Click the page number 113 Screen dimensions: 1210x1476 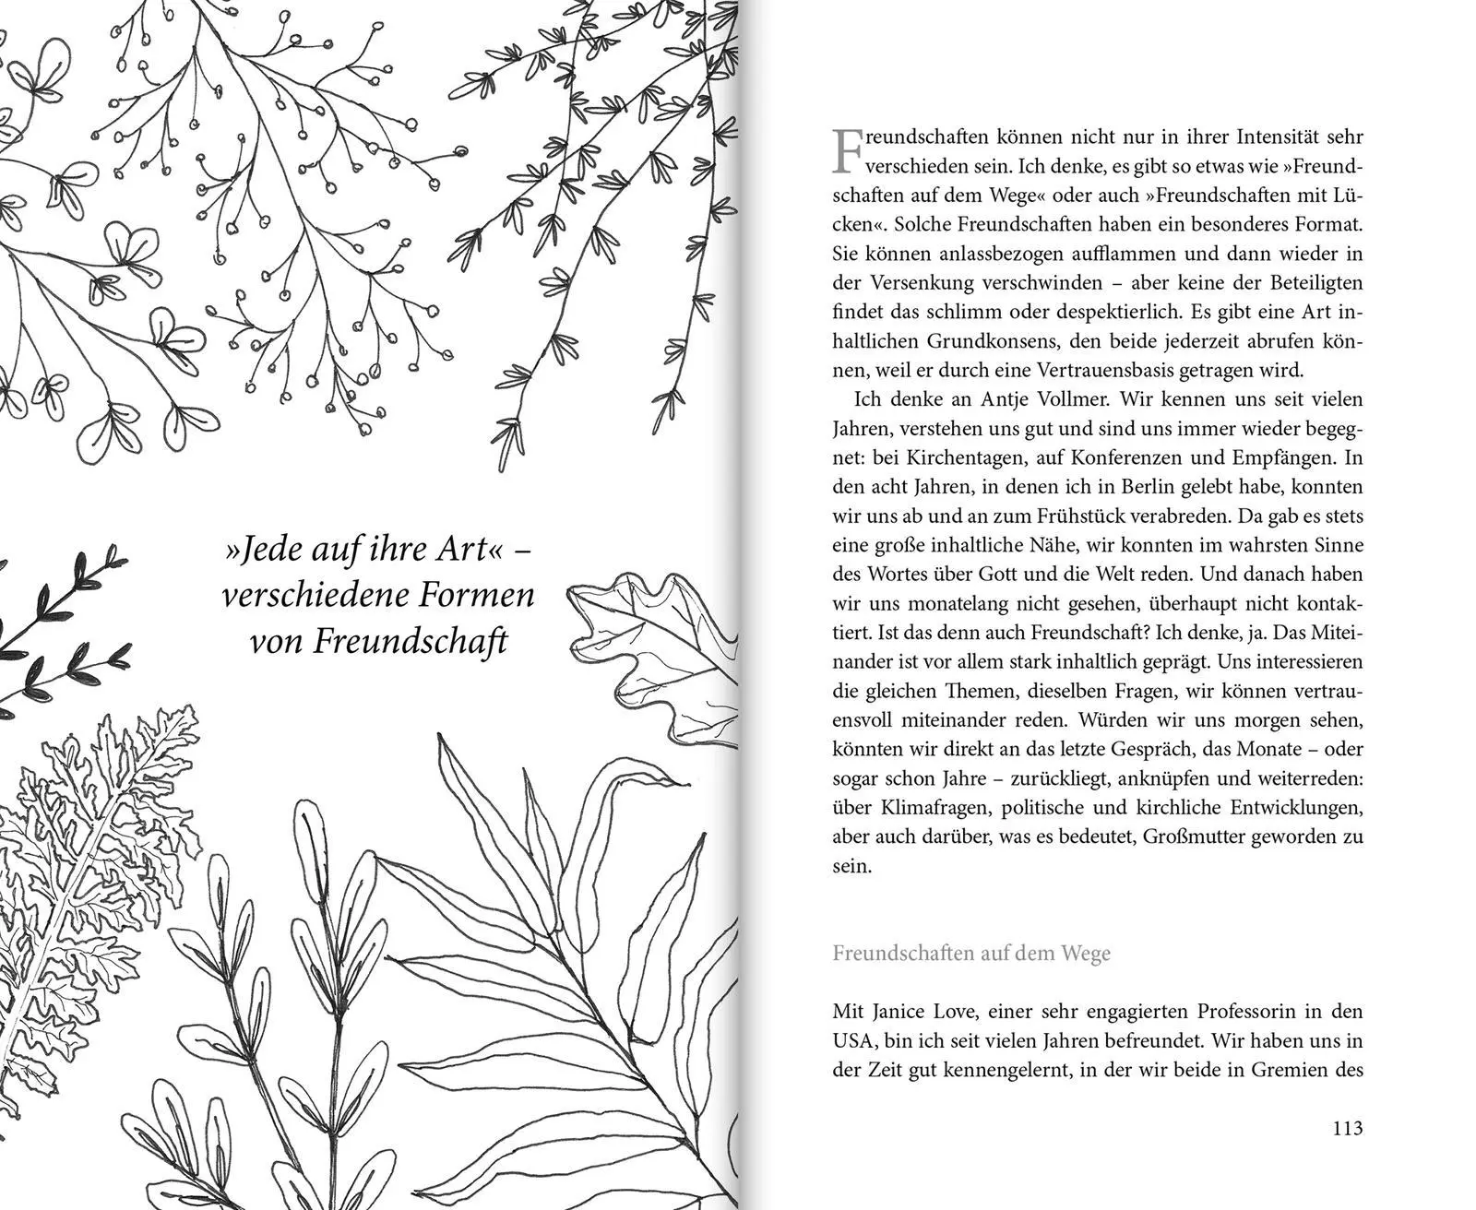1348,1128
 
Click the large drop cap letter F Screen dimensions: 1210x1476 848,150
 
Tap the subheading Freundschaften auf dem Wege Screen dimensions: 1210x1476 971,953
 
